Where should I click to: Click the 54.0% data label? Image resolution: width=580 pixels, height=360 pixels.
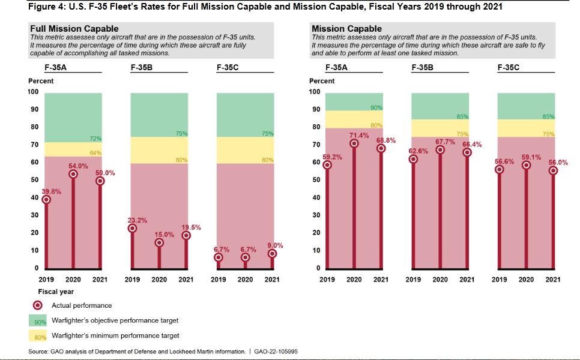73,166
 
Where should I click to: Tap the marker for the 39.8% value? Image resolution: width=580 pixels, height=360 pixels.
46,200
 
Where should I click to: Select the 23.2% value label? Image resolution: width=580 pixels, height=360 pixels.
137,220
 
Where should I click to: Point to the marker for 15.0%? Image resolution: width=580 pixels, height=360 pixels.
159,243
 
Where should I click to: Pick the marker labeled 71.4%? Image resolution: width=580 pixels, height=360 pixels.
354,143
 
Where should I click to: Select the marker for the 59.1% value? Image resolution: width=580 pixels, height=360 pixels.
526,165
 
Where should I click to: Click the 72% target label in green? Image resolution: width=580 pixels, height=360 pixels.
96,139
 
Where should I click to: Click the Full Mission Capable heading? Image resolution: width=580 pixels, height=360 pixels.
74,29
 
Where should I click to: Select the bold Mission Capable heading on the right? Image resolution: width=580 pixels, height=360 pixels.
346,29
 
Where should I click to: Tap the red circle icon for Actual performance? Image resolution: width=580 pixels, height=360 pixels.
37,305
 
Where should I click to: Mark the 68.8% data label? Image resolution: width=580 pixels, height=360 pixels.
386,140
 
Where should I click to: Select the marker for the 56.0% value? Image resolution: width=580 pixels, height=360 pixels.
553,170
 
